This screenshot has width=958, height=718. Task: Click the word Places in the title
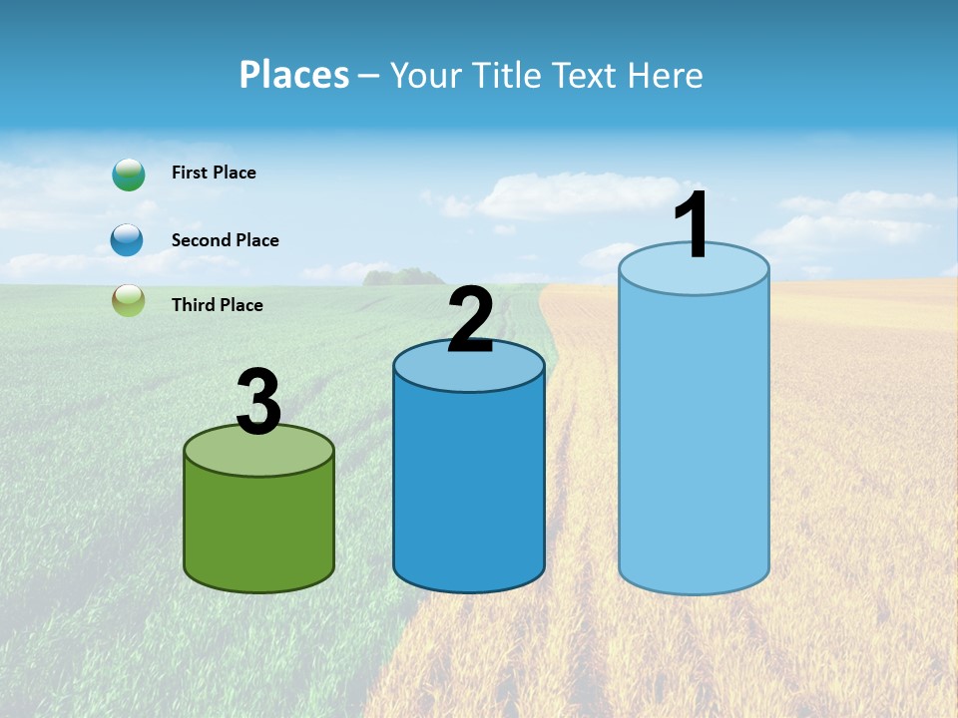[x=294, y=75]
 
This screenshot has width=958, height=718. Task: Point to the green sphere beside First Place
[x=128, y=175]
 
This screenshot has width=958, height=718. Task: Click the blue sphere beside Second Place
[x=127, y=240]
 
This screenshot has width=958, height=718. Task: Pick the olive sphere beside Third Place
[x=128, y=301]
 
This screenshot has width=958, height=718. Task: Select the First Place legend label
[x=214, y=173]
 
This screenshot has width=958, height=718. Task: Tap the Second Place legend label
[x=225, y=240]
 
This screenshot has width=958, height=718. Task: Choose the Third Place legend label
[x=217, y=305]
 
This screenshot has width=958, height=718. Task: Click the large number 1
[x=692, y=226]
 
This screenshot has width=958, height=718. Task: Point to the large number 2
[x=471, y=320]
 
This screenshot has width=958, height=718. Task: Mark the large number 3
[x=258, y=402]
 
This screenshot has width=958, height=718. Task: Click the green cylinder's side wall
[x=258, y=529]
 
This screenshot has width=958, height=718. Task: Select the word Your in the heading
[x=428, y=75]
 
